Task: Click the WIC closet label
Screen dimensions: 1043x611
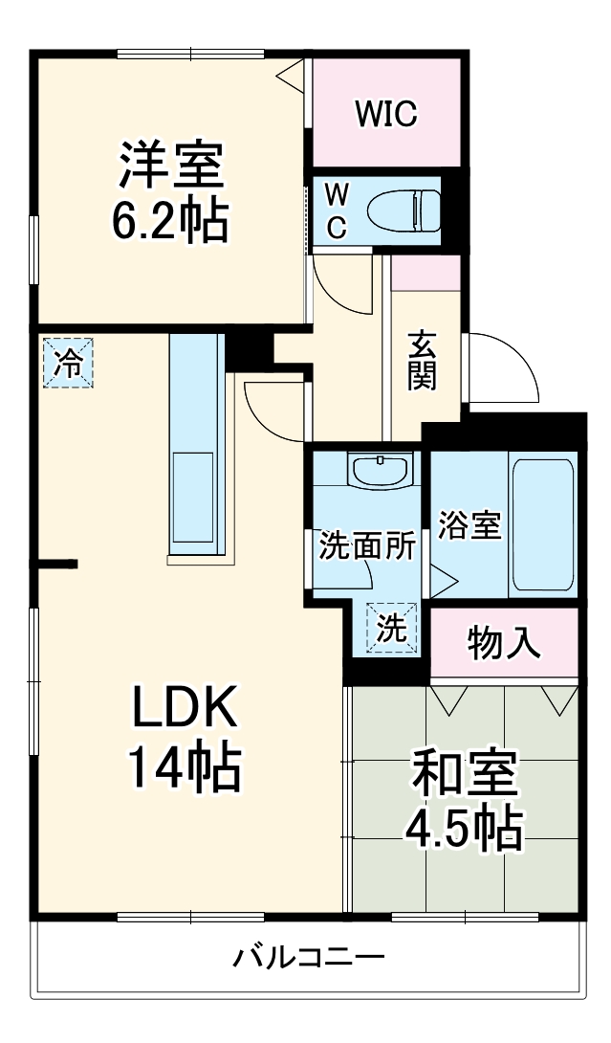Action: pyautogui.click(x=386, y=114)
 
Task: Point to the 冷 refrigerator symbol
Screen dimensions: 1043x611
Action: pyautogui.click(x=68, y=363)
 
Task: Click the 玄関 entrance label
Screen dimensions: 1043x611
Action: pyautogui.click(x=422, y=361)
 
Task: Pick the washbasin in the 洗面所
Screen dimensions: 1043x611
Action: pyautogui.click(x=380, y=470)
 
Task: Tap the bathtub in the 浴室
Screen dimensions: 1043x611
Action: pyautogui.click(x=544, y=526)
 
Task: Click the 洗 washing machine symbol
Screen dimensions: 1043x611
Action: pyautogui.click(x=391, y=628)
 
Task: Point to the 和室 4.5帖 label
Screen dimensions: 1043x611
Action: pyautogui.click(x=467, y=800)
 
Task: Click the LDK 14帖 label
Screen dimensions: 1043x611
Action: pyautogui.click(x=184, y=738)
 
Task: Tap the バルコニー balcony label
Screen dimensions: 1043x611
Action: pyautogui.click(x=309, y=956)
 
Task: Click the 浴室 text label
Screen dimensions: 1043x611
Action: pyautogui.click(x=469, y=525)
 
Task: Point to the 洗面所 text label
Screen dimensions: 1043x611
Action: pyautogui.click(x=367, y=545)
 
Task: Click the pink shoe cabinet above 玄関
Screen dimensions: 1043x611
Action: pyautogui.click(x=426, y=273)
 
